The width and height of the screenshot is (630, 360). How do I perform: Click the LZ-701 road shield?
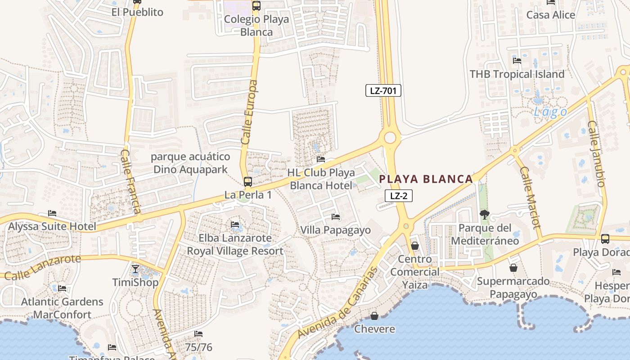click(x=383, y=91)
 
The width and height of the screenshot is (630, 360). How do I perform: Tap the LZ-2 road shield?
click(x=399, y=196)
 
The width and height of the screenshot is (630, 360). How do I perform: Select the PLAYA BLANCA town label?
click(x=426, y=179)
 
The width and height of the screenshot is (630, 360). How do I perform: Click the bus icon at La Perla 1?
click(x=248, y=182)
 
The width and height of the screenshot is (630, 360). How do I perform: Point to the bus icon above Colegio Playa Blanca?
click(x=256, y=6)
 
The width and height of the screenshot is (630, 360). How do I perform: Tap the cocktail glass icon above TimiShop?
click(x=135, y=269)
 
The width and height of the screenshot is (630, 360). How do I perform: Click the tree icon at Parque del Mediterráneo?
click(x=484, y=215)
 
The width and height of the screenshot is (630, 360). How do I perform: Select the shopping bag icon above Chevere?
click(x=374, y=316)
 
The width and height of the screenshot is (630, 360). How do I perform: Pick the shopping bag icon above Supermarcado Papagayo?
click(x=513, y=268)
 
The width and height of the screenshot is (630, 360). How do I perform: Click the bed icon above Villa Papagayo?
click(x=336, y=217)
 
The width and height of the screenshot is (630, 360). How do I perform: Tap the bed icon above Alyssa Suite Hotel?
click(x=52, y=213)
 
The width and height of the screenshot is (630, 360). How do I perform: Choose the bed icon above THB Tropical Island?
click(x=517, y=60)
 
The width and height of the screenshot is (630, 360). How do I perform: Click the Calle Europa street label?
click(x=249, y=112)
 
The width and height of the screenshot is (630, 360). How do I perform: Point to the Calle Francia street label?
click(x=130, y=181)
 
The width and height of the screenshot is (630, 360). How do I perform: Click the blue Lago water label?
click(x=550, y=112)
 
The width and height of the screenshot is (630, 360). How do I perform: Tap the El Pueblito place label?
click(x=137, y=12)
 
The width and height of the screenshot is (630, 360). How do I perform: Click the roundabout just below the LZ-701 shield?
click(x=390, y=137)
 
